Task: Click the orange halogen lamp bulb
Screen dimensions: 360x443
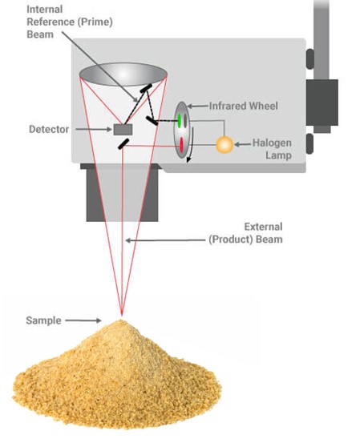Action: pos(224,145)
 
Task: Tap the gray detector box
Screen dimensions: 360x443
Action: pos(123,130)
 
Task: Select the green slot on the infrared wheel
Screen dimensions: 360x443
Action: pos(179,120)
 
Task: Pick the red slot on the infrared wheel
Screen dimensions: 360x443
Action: pos(181,145)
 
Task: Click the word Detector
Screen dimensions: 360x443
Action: pos(49,130)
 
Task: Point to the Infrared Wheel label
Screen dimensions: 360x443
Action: pos(244,106)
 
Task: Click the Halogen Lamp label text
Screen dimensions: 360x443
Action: pos(272,149)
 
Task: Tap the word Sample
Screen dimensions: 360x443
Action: pos(43,320)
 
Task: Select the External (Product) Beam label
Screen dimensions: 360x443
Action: pos(245,233)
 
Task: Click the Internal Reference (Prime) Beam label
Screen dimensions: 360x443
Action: pos(70,22)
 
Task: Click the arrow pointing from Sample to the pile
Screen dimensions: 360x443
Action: pos(83,320)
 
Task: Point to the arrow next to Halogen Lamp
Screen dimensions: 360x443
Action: pos(243,144)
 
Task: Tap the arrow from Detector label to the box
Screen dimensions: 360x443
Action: pos(94,130)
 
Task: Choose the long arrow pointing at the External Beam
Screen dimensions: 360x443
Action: pos(165,240)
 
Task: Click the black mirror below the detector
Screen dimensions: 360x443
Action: pos(123,144)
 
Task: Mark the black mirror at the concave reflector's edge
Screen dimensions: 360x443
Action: pos(146,88)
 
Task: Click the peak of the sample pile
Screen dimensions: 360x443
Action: pos(121,320)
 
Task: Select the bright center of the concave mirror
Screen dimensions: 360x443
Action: pos(123,74)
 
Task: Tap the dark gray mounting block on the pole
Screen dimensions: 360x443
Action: pos(322,103)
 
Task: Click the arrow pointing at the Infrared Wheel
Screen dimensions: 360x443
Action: pos(198,107)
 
